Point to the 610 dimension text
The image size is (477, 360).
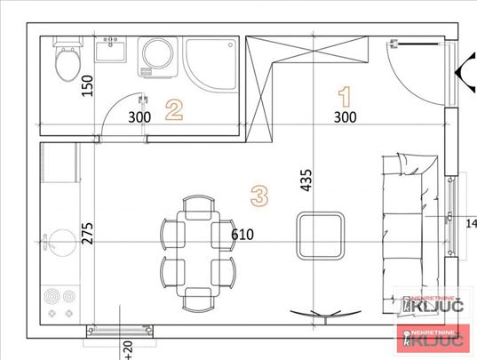[x=243, y=235]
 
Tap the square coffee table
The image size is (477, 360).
[x=321, y=234]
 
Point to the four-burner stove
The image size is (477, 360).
[x=60, y=302]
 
